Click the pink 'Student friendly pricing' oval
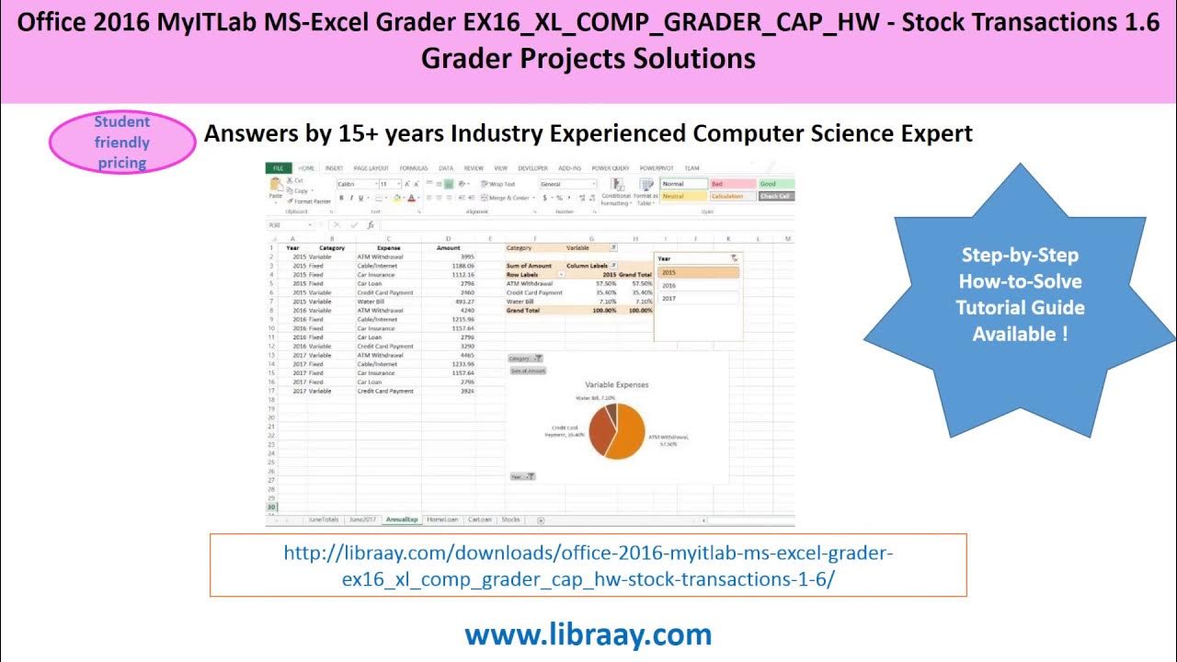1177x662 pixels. [x=121, y=143]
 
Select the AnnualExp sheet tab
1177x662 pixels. [x=402, y=519]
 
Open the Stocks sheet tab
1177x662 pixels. [x=510, y=519]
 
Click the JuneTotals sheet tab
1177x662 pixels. [x=324, y=519]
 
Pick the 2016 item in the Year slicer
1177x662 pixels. [x=696, y=285]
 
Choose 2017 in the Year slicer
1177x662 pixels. [x=696, y=298]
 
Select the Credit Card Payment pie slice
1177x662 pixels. [x=599, y=430]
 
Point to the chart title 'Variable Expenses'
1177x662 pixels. [x=616, y=385]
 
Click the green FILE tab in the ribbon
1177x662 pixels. [x=277, y=168]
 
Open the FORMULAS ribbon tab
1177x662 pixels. [x=414, y=168]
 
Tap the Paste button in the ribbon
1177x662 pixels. [x=275, y=191]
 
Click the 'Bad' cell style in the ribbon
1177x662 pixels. [x=732, y=184]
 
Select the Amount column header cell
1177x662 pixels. [x=448, y=247]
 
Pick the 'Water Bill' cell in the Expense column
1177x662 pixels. [x=371, y=302]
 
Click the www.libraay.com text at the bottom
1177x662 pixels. [x=588, y=634]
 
